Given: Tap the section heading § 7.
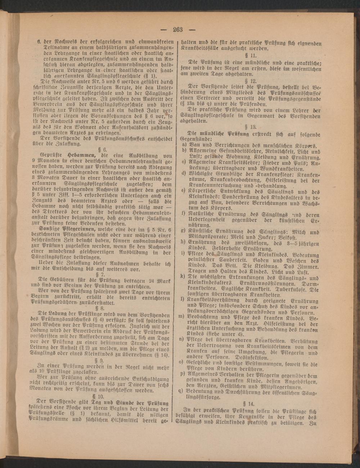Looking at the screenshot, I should click(104, 274).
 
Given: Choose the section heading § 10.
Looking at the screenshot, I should click(104, 395).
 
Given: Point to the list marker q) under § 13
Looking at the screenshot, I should click(184, 391).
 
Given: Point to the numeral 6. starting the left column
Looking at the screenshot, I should click(39, 41).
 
